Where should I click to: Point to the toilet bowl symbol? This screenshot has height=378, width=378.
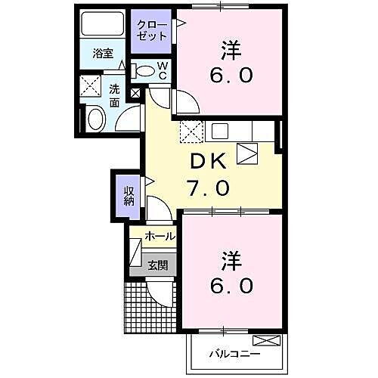144,71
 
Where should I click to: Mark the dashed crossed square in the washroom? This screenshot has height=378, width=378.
91,85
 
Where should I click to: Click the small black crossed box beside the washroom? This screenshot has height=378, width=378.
135,94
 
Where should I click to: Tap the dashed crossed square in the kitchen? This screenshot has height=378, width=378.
191,132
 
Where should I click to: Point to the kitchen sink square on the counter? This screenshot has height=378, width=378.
219,131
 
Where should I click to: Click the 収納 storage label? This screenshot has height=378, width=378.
129,194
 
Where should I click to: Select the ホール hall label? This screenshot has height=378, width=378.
160,237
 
